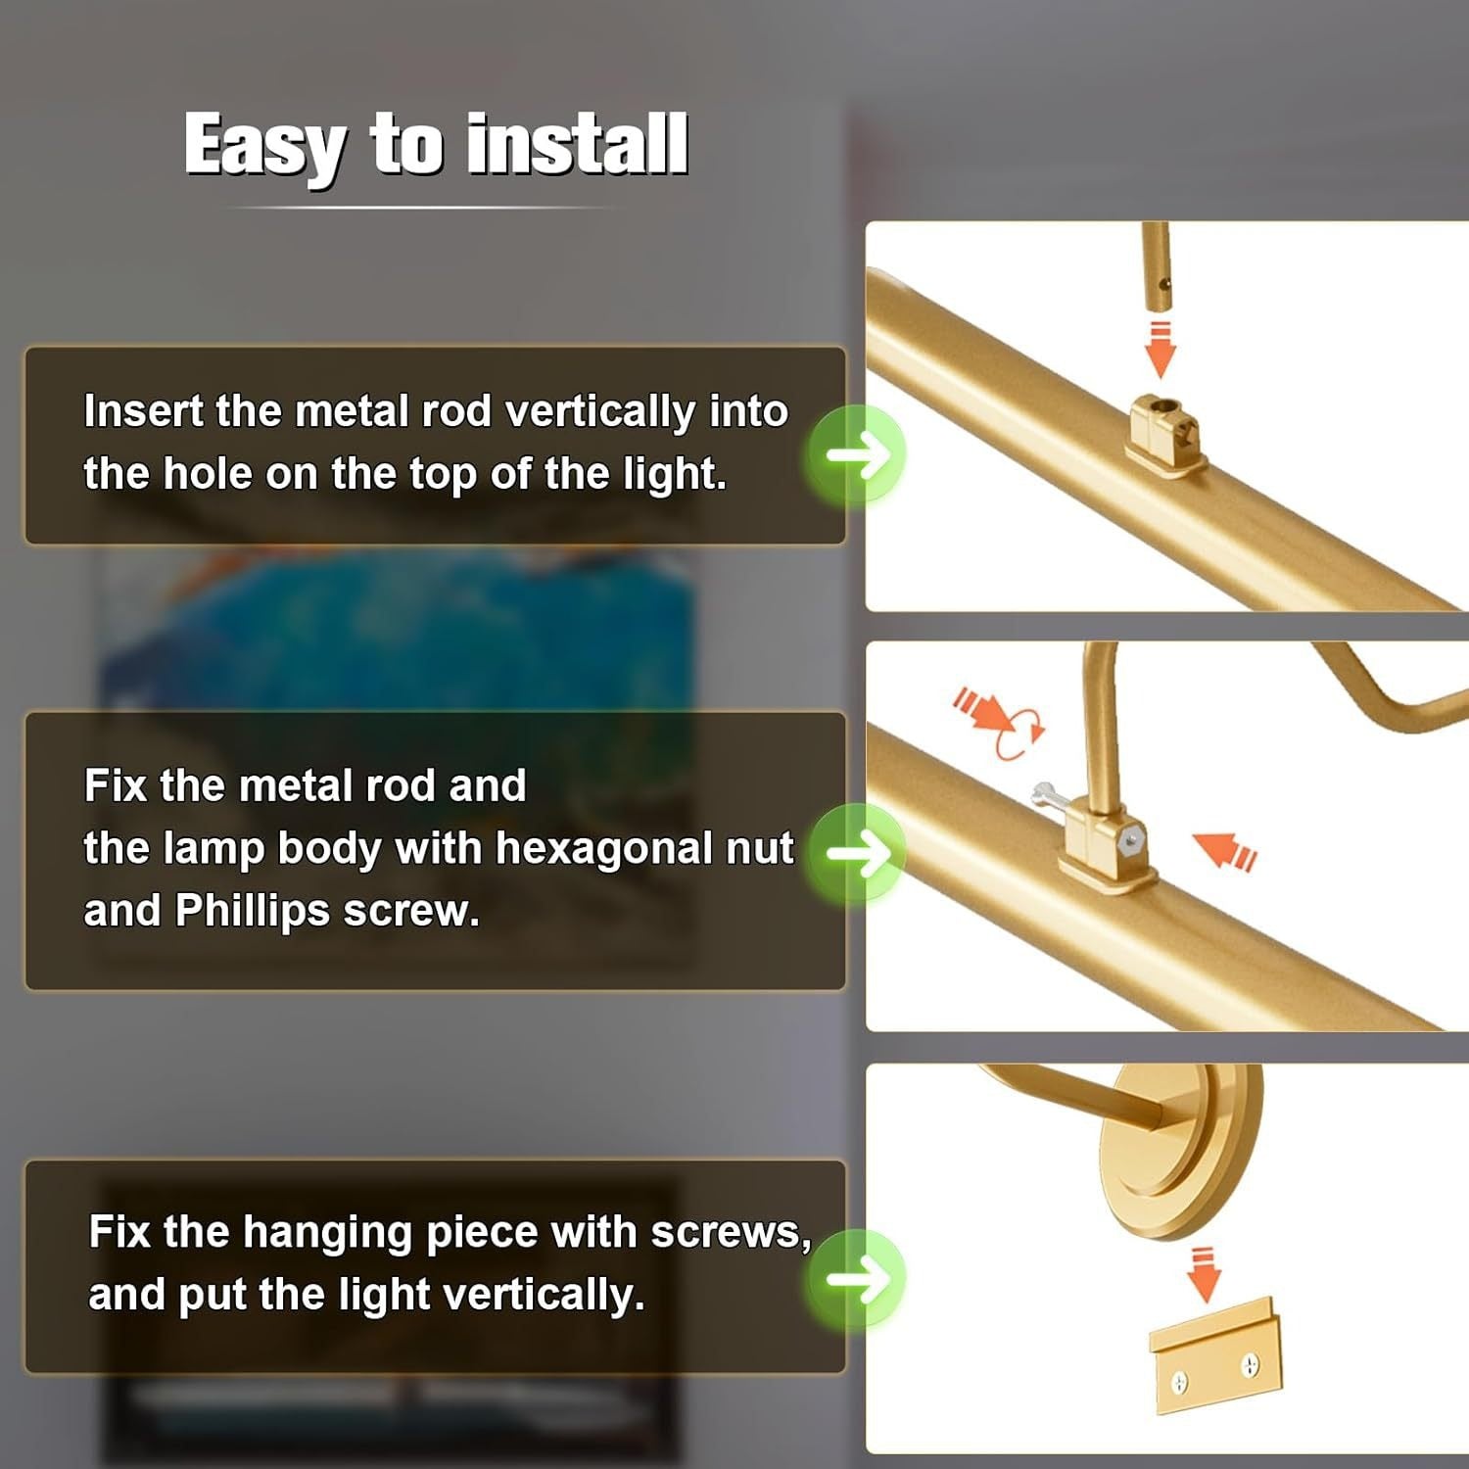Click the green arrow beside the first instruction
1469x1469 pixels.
click(856, 454)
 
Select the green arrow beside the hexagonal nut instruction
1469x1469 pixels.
click(856, 853)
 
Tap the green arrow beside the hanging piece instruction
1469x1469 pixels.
click(856, 1279)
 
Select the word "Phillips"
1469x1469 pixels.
click(253, 912)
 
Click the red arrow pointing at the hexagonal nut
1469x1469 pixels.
click(1224, 849)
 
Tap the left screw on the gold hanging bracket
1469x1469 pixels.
click(1180, 1382)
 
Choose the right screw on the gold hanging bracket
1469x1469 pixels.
click(1251, 1364)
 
